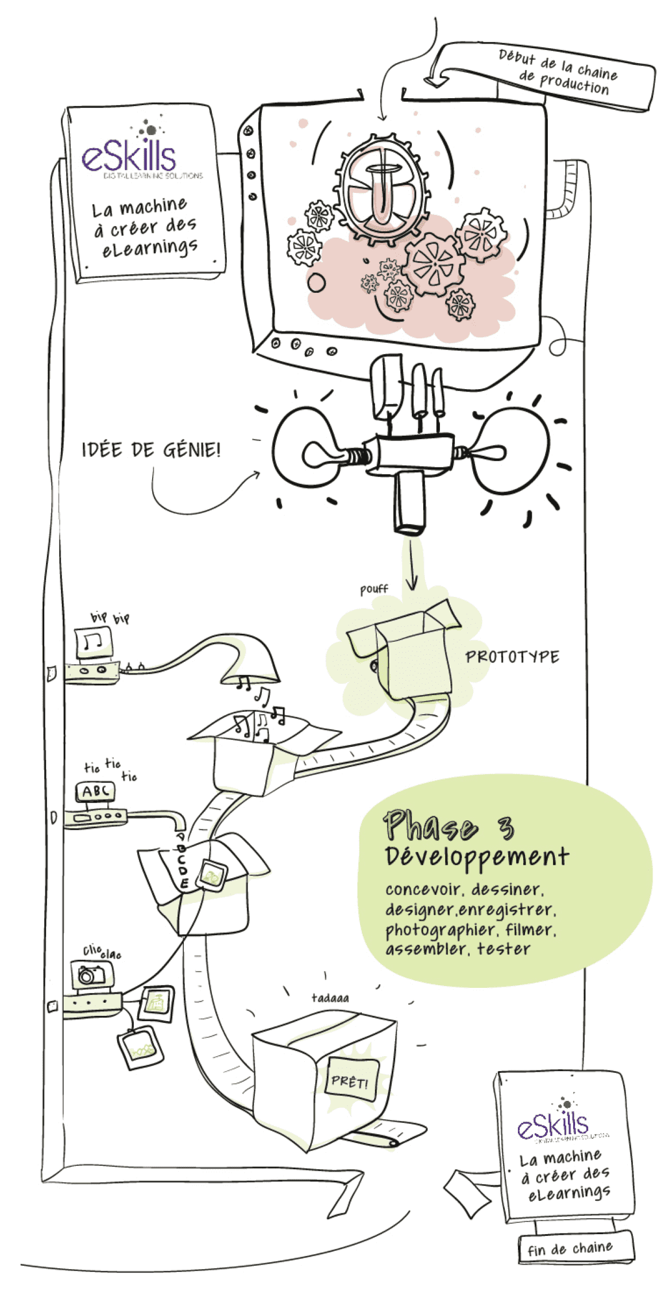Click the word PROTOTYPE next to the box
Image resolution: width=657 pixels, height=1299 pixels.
coord(511,657)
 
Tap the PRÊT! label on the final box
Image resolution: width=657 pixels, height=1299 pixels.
coord(350,1081)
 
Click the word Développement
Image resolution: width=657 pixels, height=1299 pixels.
coord(476,857)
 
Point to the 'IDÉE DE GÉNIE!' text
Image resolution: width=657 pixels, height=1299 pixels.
coord(151,449)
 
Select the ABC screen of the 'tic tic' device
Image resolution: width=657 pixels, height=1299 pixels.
coord(96,791)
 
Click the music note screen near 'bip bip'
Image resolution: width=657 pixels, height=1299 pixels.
coord(94,642)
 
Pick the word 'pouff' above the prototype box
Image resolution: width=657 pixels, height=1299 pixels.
coord(374,589)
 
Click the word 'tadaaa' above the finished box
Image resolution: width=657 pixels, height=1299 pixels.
coord(329,998)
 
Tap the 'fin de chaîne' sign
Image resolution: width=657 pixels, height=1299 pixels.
coord(570,1248)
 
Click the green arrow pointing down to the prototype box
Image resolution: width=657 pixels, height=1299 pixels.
coord(411,565)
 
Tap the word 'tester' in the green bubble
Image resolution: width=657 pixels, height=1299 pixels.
coord(504,949)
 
